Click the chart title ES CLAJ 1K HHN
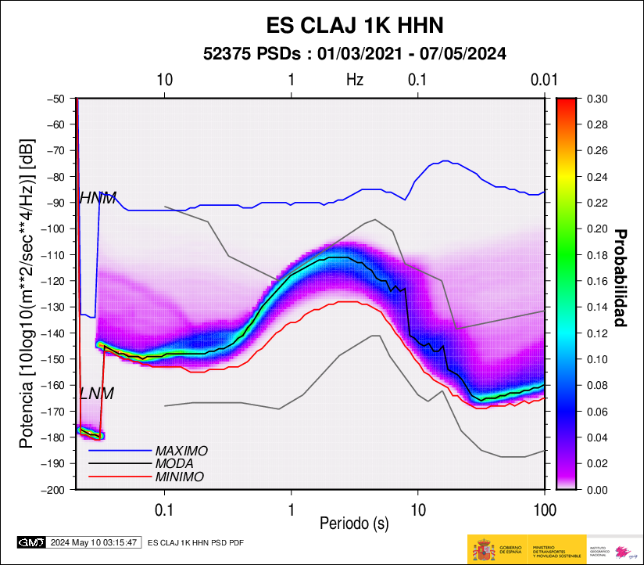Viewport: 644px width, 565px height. (356, 26)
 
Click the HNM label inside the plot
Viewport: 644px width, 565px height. (98, 199)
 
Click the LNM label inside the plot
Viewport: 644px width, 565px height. (97, 394)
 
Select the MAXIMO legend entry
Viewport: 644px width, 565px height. (181, 451)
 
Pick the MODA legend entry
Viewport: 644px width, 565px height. (175, 463)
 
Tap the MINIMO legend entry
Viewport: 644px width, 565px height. (180, 477)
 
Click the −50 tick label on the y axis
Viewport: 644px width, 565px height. (55, 99)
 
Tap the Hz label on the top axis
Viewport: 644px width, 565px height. (355, 80)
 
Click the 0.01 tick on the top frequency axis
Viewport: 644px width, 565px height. (543, 80)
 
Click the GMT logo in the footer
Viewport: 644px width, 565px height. (30, 542)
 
